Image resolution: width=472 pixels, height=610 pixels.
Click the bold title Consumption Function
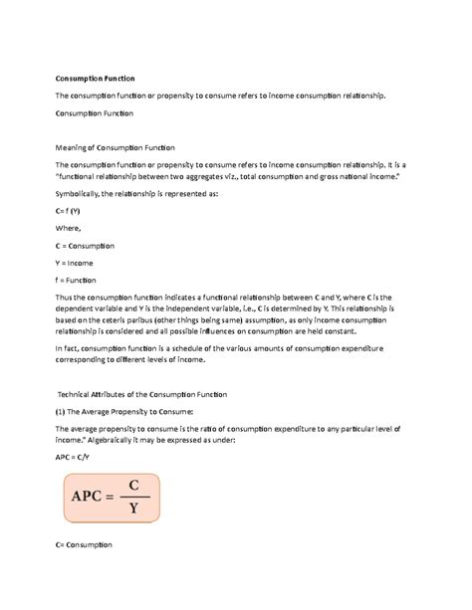(x=95, y=78)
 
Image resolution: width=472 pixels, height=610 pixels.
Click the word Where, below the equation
(x=69, y=228)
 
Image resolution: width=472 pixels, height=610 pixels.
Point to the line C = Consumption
(x=85, y=245)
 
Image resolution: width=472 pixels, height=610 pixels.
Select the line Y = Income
(x=75, y=263)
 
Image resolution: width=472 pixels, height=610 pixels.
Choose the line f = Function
(x=77, y=280)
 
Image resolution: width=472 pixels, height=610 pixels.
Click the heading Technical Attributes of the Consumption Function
(x=141, y=395)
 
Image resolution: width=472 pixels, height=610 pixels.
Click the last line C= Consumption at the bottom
(x=84, y=544)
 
